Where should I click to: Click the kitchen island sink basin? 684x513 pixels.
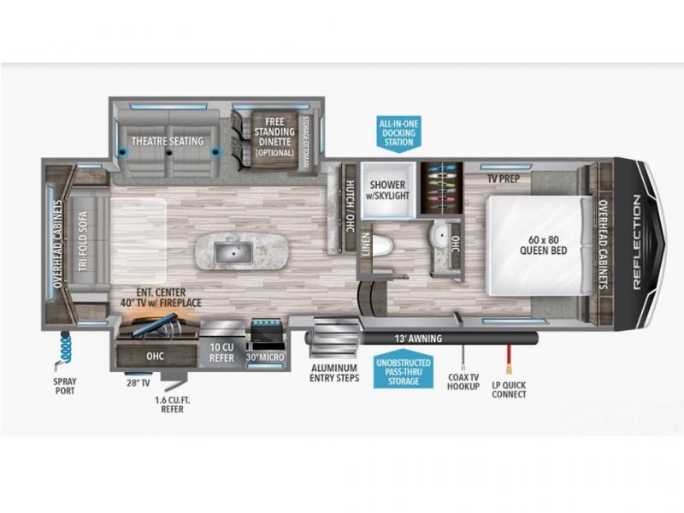pyautogui.click(x=233, y=252)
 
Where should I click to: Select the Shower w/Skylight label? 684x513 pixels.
pyautogui.click(x=387, y=190)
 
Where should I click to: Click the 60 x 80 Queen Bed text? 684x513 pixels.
pyautogui.click(x=543, y=245)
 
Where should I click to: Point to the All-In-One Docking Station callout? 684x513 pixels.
pyautogui.click(x=398, y=133)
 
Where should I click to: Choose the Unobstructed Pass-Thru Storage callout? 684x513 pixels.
pyautogui.click(x=404, y=371)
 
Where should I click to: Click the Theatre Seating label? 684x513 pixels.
pyautogui.click(x=168, y=141)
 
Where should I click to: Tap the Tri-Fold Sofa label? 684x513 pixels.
pyautogui.click(x=83, y=240)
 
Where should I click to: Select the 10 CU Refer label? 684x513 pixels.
pyautogui.click(x=222, y=352)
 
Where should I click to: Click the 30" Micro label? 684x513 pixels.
pyautogui.click(x=265, y=357)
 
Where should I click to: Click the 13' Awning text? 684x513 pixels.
pyautogui.click(x=418, y=338)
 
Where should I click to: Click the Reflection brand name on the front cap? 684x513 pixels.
pyautogui.click(x=636, y=241)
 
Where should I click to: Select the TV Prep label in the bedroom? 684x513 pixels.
pyautogui.click(x=504, y=179)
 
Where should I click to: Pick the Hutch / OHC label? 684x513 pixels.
pyautogui.click(x=351, y=205)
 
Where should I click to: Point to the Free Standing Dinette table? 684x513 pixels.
pyautogui.click(x=274, y=138)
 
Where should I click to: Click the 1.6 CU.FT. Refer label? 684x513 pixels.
pyautogui.click(x=173, y=404)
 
